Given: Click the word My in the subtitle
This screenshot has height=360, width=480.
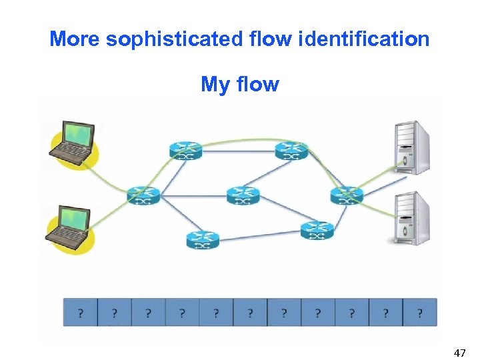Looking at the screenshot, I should click(215, 85).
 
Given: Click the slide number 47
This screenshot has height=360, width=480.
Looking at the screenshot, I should click(459, 352).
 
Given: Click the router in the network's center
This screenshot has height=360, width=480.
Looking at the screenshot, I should click(243, 195).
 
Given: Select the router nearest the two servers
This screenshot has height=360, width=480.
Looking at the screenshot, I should click(347, 195).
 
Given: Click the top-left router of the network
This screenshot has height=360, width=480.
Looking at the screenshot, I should click(185, 151).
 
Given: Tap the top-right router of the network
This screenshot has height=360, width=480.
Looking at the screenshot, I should click(292, 151).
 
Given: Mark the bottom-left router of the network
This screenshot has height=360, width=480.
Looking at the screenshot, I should click(203, 239).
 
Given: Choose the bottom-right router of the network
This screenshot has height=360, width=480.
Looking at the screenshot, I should click(317, 231).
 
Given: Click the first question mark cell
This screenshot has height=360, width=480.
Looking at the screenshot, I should click(81, 312).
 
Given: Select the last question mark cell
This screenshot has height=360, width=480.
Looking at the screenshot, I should click(419, 312).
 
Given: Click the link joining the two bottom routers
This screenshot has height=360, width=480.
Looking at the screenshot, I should click(260, 235).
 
